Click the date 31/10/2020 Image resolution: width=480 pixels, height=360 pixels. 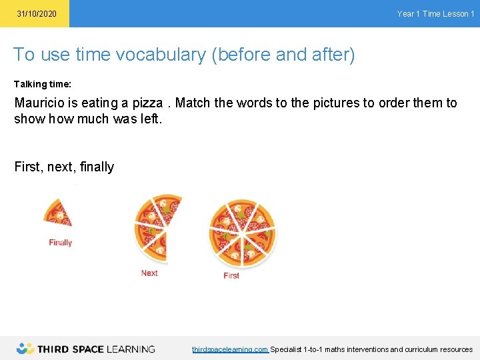pyautogui.click(x=37, y=14)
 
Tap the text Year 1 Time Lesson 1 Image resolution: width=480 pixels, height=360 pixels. pyautogui.click(x=435, y=14)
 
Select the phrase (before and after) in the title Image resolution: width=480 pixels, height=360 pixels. pyautogui.click(x=283, y=55)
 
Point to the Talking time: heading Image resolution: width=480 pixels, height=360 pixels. pyautogui.click(x=43, y=85)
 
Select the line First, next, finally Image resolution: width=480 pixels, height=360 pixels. pyautogui.click(x=64, y=167)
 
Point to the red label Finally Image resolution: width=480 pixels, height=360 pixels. pyautogui.click(x=60, y=243)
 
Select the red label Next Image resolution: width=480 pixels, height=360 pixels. pyautogui.click(x=149, y=273)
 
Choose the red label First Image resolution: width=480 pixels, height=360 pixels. pyautogui.click(x=231, y=275)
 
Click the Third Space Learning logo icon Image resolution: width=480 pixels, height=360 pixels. pyautogui.click(x=25, y=348)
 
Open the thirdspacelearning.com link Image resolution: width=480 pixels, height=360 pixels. pyautogui.click(x=229, y=349)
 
